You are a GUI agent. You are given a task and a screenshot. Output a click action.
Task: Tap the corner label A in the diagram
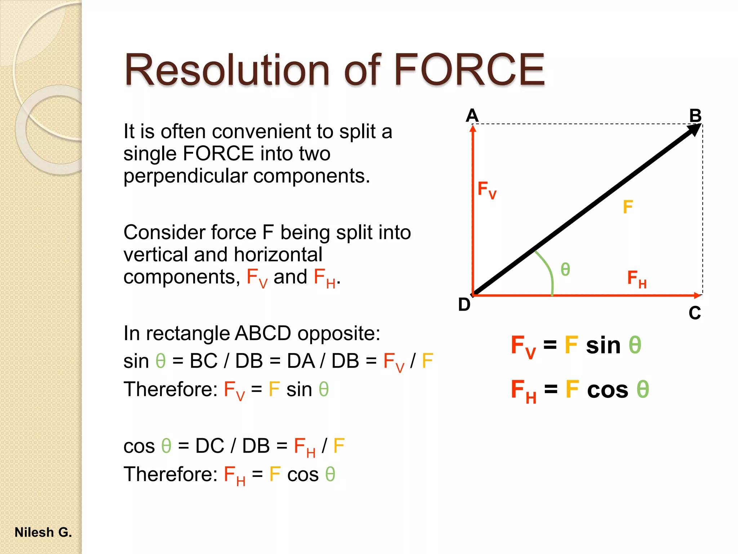click(472, 116)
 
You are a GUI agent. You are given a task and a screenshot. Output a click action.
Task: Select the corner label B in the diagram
click(695, 116)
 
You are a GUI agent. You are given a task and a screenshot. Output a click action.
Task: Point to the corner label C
click(694, 313)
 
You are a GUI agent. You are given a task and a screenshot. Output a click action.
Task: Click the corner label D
click(464, 305)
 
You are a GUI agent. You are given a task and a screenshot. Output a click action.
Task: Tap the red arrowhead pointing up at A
click(473, 128)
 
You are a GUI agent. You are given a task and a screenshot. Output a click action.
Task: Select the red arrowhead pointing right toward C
click(698, 295)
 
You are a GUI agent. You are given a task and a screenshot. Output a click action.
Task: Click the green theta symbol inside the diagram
click(565, 269)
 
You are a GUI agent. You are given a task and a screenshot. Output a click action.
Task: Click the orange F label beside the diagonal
click(628, 207)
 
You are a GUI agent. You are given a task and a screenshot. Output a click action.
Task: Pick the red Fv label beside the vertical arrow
click(486, 190)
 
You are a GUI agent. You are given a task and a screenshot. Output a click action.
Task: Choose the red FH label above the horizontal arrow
click(636, 279)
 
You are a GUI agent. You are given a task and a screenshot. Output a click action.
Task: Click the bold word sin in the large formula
click(603, 345)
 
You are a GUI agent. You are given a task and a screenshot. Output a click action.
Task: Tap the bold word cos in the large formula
click(608, 390)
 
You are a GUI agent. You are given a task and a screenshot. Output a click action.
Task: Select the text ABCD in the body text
click(263, 333)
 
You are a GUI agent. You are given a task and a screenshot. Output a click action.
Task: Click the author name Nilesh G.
click(43, 532)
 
